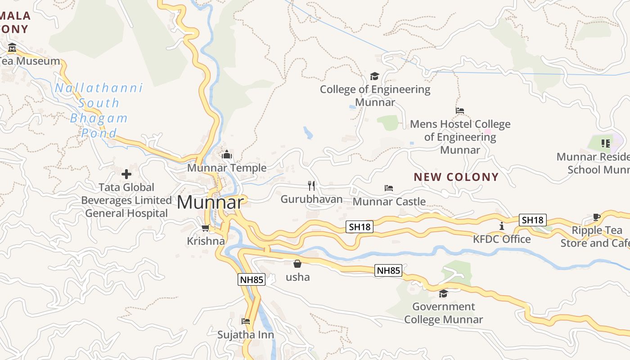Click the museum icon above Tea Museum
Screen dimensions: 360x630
12,47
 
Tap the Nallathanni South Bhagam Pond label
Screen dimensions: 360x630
99,110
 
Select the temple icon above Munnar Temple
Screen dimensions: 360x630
227,155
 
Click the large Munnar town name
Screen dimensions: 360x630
210,202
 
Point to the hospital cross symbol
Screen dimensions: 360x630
126,174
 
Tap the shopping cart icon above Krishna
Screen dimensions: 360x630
206,228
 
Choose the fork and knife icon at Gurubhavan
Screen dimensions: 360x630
311,185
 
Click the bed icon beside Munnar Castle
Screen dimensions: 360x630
389,188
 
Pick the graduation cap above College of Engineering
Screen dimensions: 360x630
375,76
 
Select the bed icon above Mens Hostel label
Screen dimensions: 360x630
460,110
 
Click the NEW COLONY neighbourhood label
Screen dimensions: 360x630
456,177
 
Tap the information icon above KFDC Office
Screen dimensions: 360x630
502,226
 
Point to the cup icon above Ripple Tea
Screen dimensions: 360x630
597,217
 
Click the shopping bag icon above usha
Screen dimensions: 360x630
297,264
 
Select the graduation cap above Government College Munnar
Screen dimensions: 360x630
443,293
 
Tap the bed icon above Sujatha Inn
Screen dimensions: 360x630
246,321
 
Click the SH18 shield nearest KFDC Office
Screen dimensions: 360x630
533,220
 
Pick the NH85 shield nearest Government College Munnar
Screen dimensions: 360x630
388,270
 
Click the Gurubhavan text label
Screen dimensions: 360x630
311,199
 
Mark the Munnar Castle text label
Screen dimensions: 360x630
389,201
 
